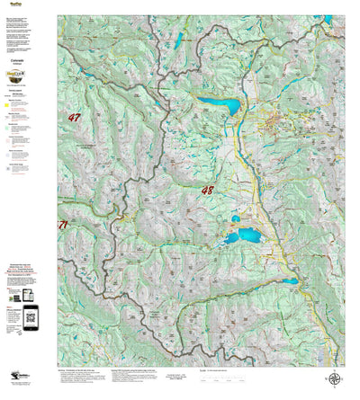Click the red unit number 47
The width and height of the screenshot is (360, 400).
[74, 118]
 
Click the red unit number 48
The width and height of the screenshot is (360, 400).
[208, 191]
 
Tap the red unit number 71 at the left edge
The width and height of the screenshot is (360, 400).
[62, 225]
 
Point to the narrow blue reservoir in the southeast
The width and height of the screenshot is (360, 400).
[286, 281]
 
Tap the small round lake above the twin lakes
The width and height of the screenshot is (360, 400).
[236, 218]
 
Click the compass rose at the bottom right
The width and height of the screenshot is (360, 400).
[334, 381]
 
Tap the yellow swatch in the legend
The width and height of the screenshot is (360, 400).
[7, 105]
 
